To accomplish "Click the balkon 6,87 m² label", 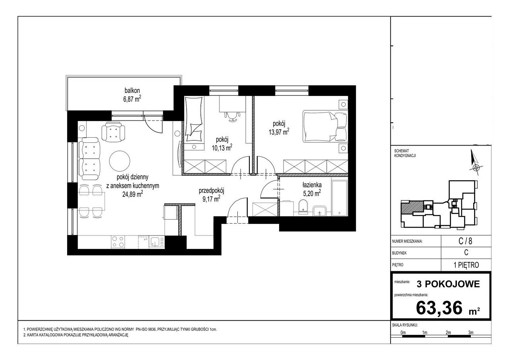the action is (x=132, y=95).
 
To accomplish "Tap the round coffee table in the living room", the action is (x=120, y=161).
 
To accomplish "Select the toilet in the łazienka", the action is (x=303, y=207).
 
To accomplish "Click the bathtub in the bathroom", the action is (x=340, y=198).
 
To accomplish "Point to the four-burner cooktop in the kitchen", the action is (x=118, y=242).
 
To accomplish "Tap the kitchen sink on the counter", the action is (x=156, y=242).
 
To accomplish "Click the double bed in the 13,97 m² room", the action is (x=325, y=126).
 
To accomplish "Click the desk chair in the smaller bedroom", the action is (x=232, y=117).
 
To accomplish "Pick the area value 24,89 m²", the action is (x=133, y=194).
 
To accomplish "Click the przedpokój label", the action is (x=211, y=191).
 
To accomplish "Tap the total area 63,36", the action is (x=439, y=308).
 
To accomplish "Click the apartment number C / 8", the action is (x=466, y=241).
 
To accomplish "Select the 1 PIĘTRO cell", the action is (x=466, y=265).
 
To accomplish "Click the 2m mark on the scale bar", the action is (x=448, y=333).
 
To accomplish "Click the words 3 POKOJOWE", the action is (x=448, y=284).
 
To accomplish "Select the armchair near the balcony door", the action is (x=113, y=132).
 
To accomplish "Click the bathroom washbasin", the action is (x=320, y=211).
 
